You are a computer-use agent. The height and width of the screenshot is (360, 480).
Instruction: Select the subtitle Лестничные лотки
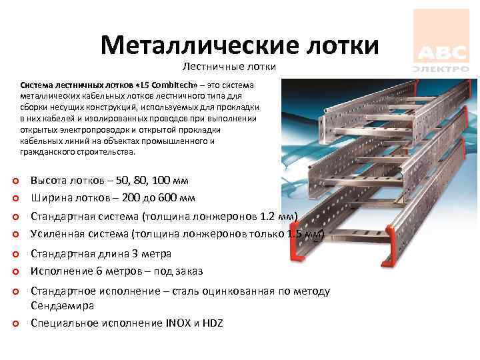[x=229, y=67]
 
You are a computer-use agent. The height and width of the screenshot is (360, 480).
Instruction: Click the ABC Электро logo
[x=441, y=41]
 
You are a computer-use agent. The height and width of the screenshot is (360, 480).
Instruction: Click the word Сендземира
[x=63, y=305]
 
